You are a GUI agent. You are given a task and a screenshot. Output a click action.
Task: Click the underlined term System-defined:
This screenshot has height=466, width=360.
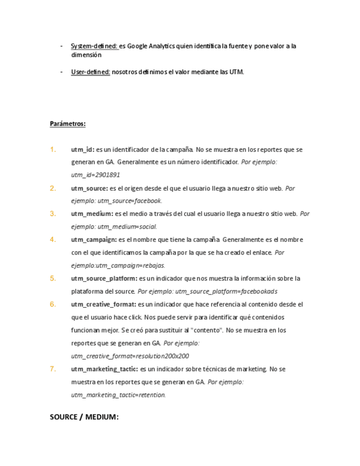pyautogui.click(x=95, y=46)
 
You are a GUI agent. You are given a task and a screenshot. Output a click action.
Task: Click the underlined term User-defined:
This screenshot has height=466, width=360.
pyautogui.click(x=91, y=72)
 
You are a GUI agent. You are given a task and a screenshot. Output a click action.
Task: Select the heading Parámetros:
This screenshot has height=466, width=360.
pyautogui.click(x=68, y=124)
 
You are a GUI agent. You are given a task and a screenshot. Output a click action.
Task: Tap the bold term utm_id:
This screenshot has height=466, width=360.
pyautogui.click(x=82, y=149)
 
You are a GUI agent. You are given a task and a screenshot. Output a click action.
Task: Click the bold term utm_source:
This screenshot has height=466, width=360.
pyautogui.click(x=89, y=188)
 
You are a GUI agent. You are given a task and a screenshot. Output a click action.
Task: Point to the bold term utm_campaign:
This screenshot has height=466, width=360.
pyautogui.click(x=94, y=240)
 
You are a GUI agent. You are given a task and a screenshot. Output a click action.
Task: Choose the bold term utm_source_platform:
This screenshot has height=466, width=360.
pyautogui.click(x=104, y=279)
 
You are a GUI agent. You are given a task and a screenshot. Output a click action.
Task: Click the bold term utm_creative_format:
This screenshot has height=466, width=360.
pyautogui.click(x=103, y=304)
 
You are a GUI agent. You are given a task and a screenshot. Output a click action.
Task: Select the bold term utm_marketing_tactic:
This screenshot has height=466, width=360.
pyautogui.click(x=104, y=369)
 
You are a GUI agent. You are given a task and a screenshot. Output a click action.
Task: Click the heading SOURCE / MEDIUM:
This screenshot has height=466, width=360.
pyautogui.click(x=84, y=417)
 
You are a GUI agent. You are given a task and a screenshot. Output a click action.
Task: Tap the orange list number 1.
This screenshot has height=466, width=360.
pyautogui.click(x=53, y=149)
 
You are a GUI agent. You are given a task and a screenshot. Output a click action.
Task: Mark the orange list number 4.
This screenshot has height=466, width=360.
pyautogui.click(x=53, y=240)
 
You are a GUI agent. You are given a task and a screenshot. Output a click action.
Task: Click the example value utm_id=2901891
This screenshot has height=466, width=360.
pyautogui.click(x=96, y=175)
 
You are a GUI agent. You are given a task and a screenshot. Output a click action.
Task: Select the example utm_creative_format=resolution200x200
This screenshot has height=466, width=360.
pyautogui.click(x=130, y=356)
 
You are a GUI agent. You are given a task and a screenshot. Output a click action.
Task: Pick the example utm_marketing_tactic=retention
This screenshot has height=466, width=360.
pyautogui.click(x=118, y=395)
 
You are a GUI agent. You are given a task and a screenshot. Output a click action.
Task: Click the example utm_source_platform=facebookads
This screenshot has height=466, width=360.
pyautogui.click(x=226, y=292)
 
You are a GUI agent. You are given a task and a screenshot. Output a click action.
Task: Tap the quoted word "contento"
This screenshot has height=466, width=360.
pyautogui.click(x=208, y=330)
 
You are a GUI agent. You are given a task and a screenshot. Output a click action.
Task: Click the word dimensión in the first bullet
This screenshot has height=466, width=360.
pyautogui.click(x=86, y=55)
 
